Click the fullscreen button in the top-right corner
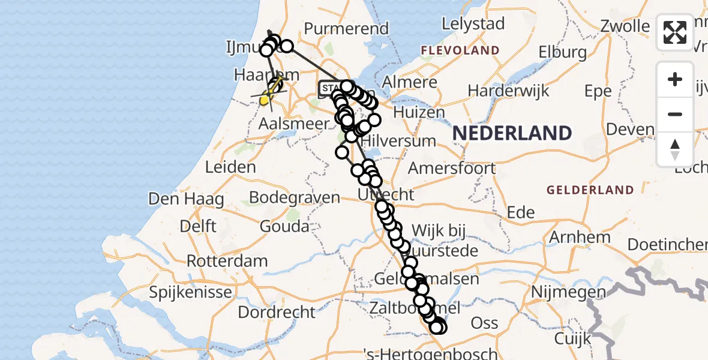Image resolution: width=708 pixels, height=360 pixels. pos(675,32)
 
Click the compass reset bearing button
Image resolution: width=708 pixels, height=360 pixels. pos(675,149)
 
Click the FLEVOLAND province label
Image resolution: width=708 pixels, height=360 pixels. pos(460,50)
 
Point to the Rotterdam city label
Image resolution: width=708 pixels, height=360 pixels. pos(227,262)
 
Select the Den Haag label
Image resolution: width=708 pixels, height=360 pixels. pos(178,199)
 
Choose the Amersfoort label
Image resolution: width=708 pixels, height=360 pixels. pos(452,167)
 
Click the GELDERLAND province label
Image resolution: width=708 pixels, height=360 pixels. pos(589,190)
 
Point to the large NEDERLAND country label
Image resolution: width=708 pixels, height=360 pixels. pos(512,133)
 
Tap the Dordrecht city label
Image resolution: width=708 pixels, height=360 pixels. pos(277,312)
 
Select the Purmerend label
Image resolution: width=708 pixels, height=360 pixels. pos(346,28)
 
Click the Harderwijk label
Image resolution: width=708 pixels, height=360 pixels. pos(500,91)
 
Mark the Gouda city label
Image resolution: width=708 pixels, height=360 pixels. pos(284,226)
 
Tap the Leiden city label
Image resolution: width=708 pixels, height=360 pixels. pos(230,167)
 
